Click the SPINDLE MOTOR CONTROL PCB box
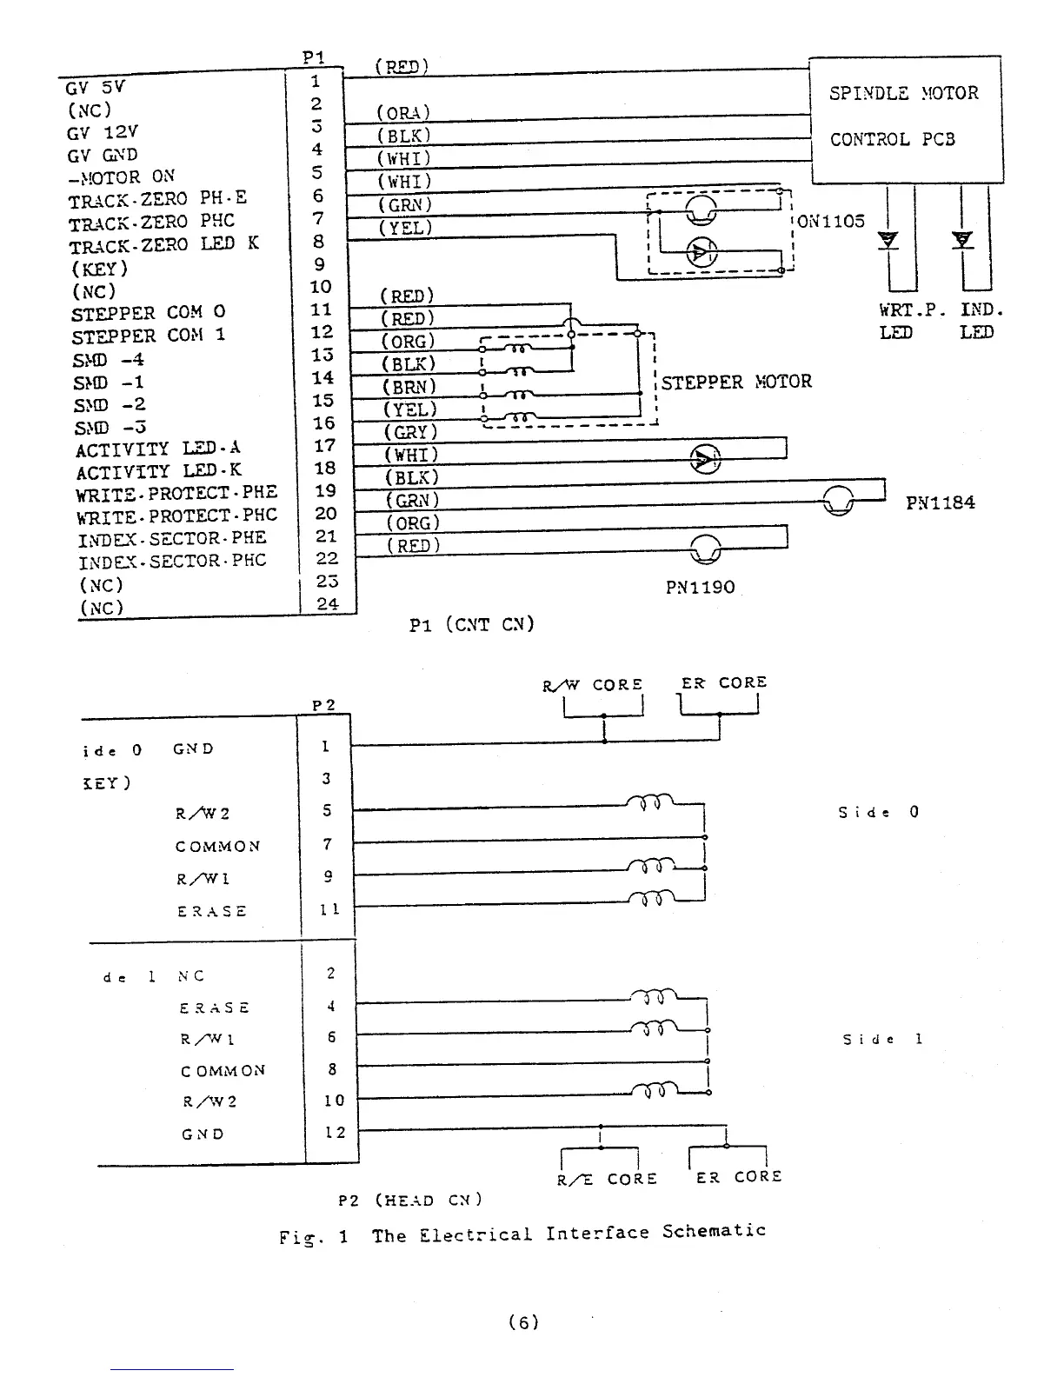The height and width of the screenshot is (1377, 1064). tap(906, 119)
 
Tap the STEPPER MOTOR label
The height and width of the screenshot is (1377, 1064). tap(736, 382)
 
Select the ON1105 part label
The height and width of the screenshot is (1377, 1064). tap(831, 221)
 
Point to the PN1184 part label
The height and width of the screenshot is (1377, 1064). tap(940, 502)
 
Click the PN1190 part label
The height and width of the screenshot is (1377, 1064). tap(700, 587)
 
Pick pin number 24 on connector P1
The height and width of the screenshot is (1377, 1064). tap(327, 604)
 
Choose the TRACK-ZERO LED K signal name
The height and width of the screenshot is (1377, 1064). tap(163, 244)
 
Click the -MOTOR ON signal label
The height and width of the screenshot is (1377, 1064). tap(121, 177)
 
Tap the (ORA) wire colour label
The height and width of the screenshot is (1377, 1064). tap(403, 113)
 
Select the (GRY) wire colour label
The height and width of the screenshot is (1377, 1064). tap(410, 432)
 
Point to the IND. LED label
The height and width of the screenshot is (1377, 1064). tap(981, 321)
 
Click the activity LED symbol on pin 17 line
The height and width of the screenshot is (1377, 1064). tap(704, 458)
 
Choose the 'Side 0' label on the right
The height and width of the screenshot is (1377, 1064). tap(878, 813)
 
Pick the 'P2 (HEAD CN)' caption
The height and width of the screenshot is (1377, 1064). tap(410, 1201)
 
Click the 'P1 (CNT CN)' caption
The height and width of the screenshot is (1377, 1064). tap(471, 624)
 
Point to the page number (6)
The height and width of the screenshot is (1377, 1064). tap(523, 1322)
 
